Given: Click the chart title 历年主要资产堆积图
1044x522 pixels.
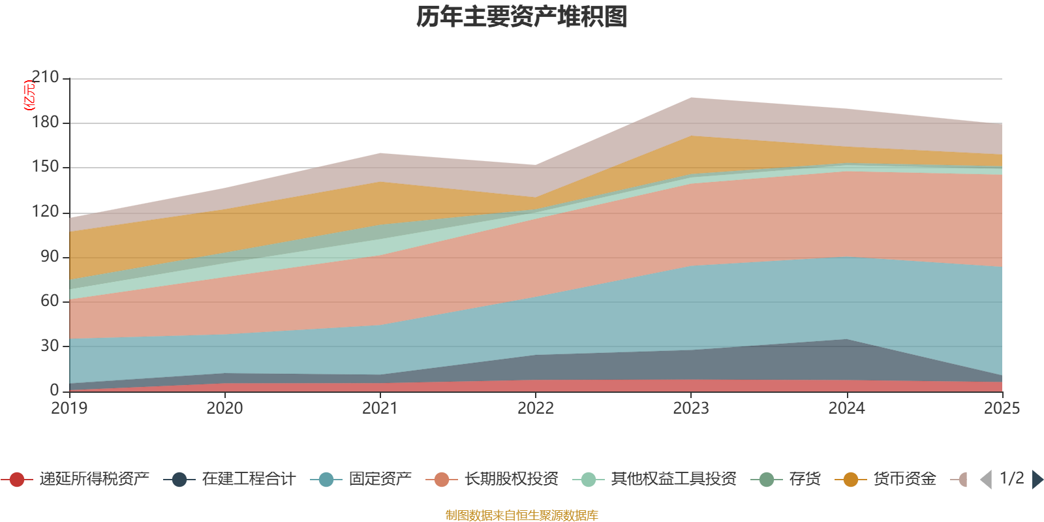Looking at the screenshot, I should pyautogui.click(x=522, y=17).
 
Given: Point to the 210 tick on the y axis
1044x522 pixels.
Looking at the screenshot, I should pyautogui.click(x=45, y=78).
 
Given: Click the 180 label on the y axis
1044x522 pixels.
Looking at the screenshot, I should pyautogui.click(x=45, y=123).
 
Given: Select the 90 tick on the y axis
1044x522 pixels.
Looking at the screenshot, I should pyautogui.click(x=49, y=256).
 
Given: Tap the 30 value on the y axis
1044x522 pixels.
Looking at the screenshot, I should pyautogui.click(x=49, y=346).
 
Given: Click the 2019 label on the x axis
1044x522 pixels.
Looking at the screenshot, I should pyautogui.click(x=69, y=408).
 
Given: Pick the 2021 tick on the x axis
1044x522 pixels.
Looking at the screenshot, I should pyautogui.click(x=380, y=408).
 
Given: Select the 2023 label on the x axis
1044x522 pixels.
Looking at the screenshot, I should pyautogui.click(x=691, y=408).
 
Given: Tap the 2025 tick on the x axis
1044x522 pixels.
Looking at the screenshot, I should pyautogui.click(x=1002, y=408).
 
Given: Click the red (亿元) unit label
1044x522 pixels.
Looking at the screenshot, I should pyautogui.click(x=29, y=95).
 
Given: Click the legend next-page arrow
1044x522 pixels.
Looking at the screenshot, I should pyautogui.click(x=1037, y=480).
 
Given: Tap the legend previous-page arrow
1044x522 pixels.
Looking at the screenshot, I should pyautogui.click(x=986, y=480).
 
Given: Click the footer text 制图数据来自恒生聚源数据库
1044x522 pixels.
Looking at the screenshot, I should pyautogui.click(x=522, y=515).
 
